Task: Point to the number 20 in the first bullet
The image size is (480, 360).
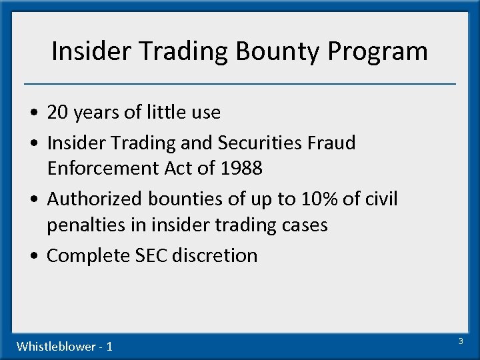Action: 58,113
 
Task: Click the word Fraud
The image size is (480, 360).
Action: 331,143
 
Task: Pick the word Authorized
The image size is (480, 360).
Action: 94,199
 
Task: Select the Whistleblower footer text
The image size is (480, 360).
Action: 64,346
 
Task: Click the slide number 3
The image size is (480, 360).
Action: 460,341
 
